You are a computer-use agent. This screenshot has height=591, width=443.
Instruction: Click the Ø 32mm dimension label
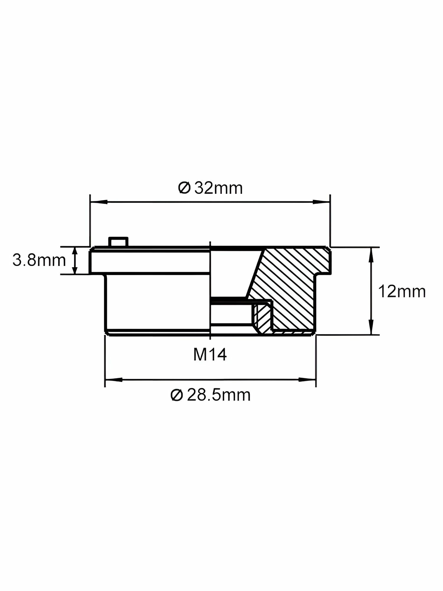click(211, 188)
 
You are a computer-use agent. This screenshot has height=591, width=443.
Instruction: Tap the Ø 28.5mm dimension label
click(211, 395)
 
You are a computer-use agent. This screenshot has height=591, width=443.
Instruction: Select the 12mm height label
click(402, 292)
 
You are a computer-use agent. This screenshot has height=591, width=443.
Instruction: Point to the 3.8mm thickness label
click(39, 260)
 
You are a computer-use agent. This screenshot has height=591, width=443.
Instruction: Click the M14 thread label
click(210, 355)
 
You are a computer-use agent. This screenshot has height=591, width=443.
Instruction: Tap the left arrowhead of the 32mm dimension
click(99, 202)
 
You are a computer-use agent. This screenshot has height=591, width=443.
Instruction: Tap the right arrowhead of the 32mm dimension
click(322, 202)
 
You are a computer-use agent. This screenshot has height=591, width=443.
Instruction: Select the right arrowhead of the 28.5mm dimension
click(307, 379)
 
